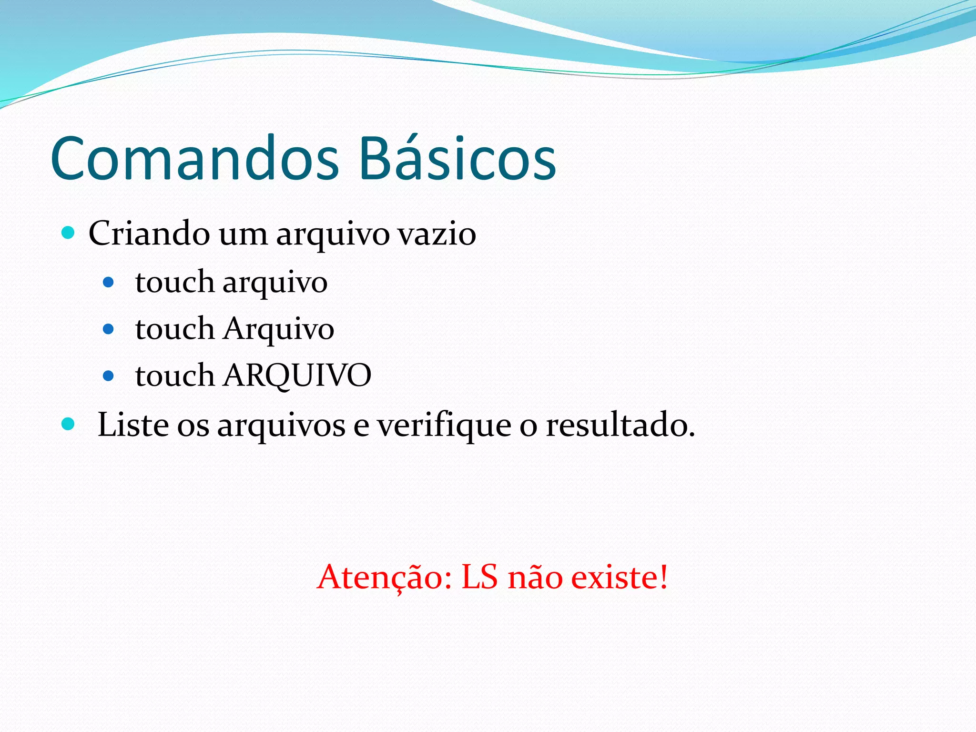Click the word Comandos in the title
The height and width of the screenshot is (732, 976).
(194, 159)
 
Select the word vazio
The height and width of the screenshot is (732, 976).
(437, 234)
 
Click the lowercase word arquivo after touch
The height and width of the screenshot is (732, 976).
(275, 283)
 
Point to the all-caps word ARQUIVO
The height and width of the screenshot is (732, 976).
(297, 375)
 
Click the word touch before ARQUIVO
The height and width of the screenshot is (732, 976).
(174, 375)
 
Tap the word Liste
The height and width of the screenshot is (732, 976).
(132, 424)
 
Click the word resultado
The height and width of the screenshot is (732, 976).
(620, 424)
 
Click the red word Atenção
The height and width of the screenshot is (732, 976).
(384, 578)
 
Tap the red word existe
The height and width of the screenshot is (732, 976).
(620, 578)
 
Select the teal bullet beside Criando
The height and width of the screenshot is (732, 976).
(69, 233)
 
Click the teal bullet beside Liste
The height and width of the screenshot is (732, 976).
(69, 424)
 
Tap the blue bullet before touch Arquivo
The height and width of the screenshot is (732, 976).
(109, 329)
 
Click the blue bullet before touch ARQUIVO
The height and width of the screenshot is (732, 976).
(109, 376)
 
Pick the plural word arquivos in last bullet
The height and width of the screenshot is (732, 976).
(281, 425)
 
